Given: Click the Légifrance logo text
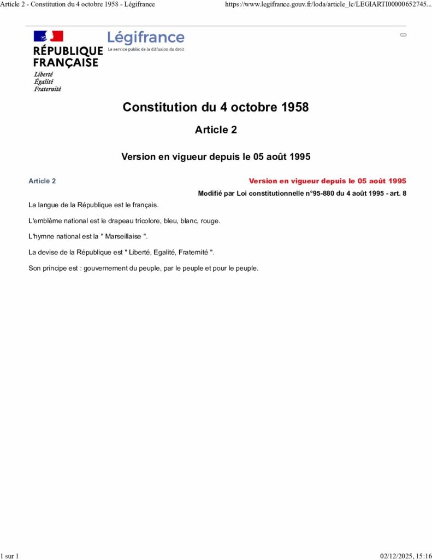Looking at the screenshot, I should pyautogui.click(x=146, y=38).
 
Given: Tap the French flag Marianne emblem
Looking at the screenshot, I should pyautogui.click(x=49, y=36).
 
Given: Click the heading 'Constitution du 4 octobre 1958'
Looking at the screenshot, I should pyautogui.click(x=216, y=107).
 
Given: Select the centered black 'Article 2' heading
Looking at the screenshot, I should pyautogui.click(x=216, y=130).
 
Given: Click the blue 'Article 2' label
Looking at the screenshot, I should pyautogui.click(x=42, y=181).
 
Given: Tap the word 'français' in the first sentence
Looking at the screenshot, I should pyautogui.click(x=145, y=205).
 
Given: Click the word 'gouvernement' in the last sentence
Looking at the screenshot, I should pyautogui.click(x=103, y=269).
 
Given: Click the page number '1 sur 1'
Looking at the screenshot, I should pyautogui.click(x=10, y=556).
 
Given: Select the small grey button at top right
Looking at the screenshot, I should pyautogui.click(x=404, y=34).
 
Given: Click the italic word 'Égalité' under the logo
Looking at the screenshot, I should pyautogui.click(x=44, y=81).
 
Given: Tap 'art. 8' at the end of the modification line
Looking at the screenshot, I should pyautogui.click(x=397, y=194).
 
